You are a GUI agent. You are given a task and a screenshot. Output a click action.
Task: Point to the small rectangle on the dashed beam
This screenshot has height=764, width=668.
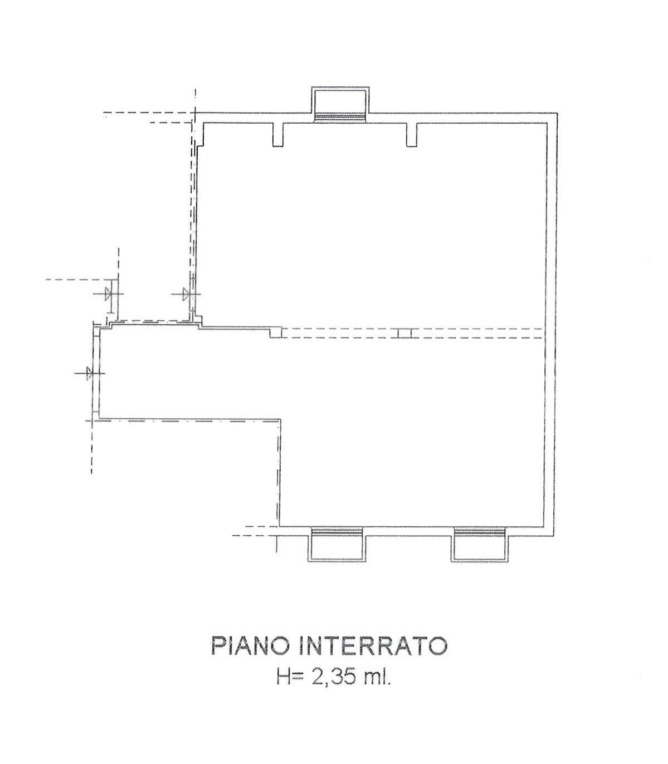[404, 334]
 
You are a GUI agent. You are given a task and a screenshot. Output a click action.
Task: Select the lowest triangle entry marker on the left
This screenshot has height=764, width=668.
[89, 373]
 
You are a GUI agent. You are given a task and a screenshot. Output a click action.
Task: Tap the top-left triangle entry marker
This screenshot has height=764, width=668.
[108, 294]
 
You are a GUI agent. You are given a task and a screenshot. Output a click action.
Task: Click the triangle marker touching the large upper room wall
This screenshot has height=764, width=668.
[186, 294]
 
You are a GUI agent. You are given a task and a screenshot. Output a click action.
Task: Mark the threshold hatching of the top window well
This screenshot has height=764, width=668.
[340, 117]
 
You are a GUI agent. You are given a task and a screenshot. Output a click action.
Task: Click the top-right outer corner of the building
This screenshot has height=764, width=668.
[558, 112]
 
